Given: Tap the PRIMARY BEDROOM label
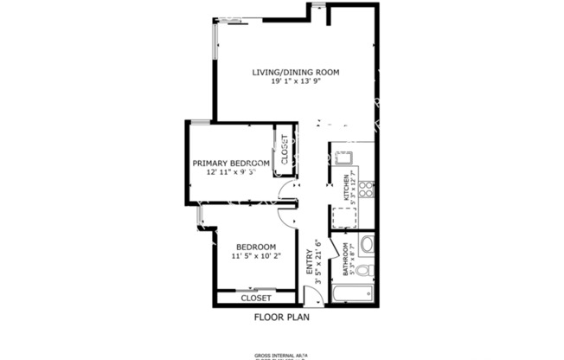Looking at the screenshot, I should [231, 163].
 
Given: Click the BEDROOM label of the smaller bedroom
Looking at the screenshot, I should [256, 247].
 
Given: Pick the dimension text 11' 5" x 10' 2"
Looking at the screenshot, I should [256, 256].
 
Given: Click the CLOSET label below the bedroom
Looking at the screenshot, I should [256, 298].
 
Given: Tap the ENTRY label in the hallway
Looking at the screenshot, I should [309, 260].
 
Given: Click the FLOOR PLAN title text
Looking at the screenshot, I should [281, 317].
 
